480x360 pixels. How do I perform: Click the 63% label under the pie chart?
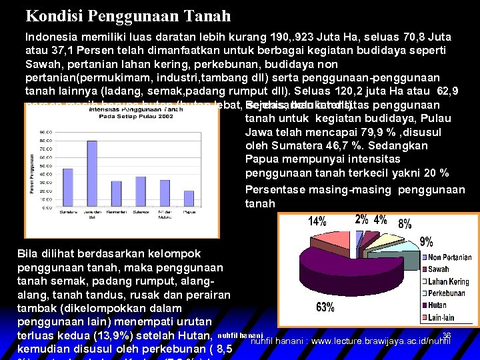coord(326,307)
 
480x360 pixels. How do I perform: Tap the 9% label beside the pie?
coord(425,241)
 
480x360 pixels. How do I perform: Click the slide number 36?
coord(447,336)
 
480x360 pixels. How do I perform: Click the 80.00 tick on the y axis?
coord(46,133)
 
